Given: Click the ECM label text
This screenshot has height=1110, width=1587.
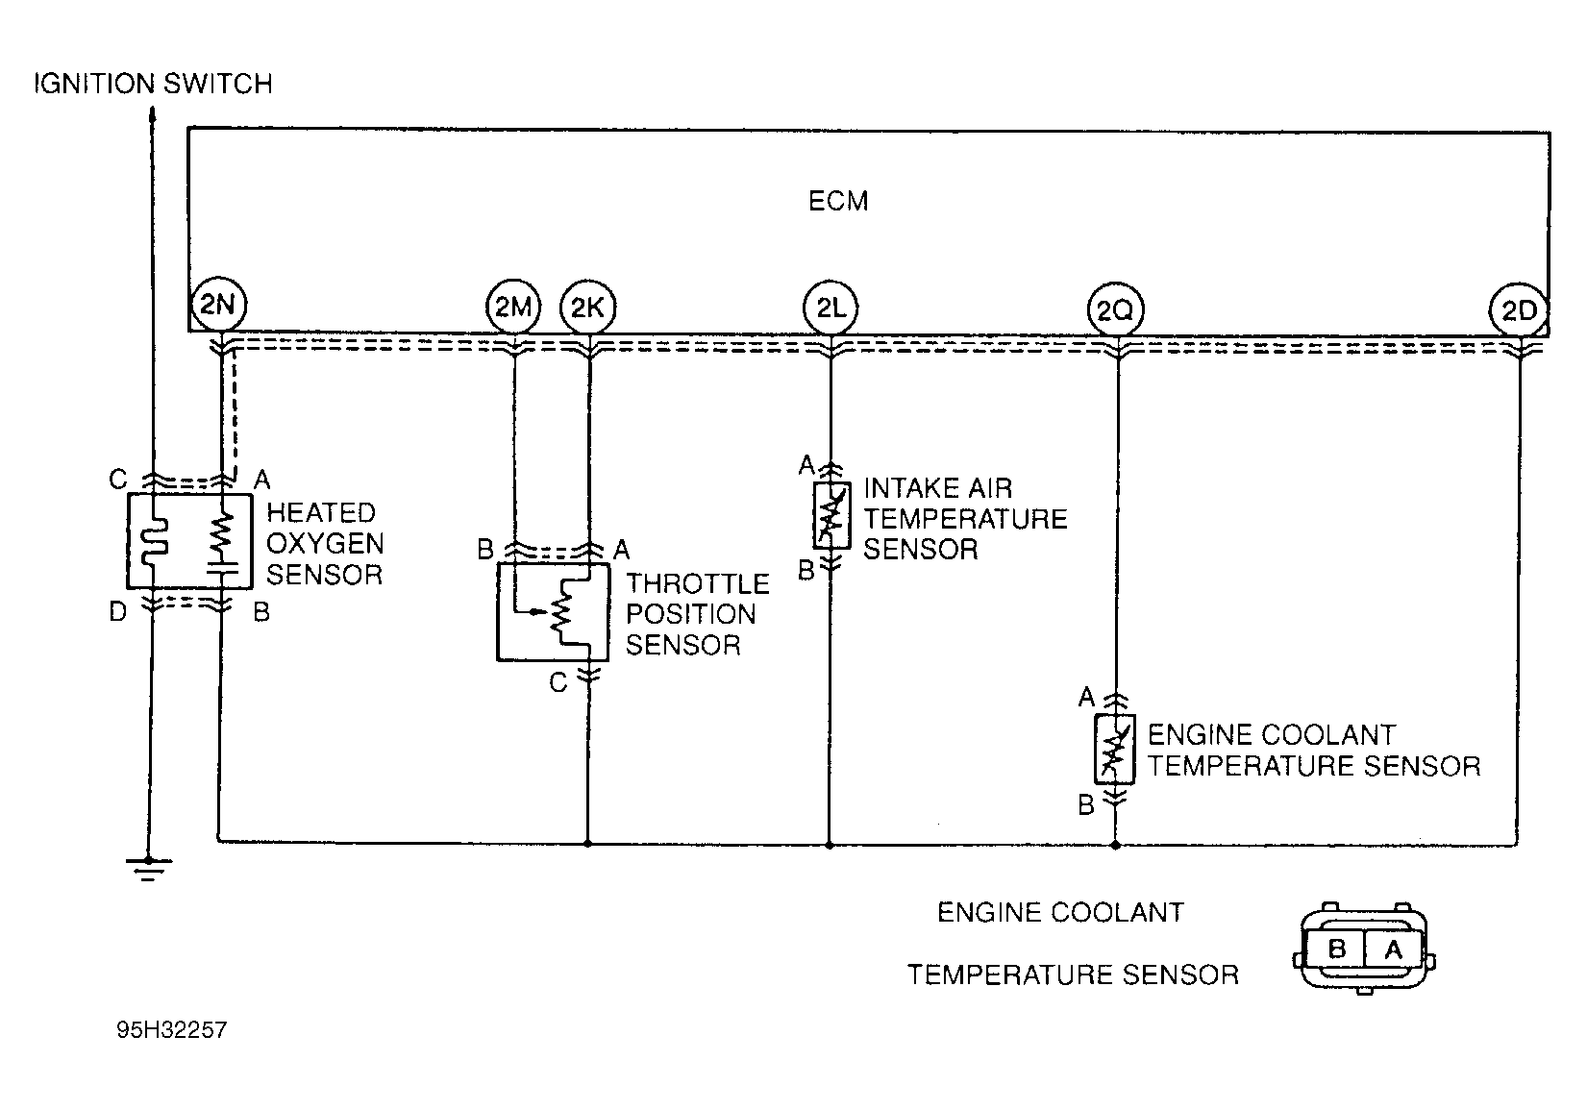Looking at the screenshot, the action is pos(838,201).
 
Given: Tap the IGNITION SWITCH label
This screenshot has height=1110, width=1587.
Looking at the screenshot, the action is pos(154,84).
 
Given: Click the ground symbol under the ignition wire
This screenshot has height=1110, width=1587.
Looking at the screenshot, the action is pos(148,869).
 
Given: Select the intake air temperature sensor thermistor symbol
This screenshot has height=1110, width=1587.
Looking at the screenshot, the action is pos(831,516).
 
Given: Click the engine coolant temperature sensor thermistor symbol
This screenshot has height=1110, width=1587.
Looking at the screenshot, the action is pos(1115,750).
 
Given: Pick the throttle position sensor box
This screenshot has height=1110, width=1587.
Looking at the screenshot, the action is pos(498,612).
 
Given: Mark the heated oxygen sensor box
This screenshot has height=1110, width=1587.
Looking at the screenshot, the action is pos(128,541).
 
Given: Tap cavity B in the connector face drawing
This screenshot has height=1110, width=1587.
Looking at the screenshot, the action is pos(1336,949).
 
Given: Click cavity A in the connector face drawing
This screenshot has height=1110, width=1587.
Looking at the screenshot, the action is pos(1393,950).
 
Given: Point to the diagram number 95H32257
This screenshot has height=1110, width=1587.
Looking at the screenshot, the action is pos(172,1029).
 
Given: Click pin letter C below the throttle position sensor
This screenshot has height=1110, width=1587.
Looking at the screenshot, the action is pos(558,682).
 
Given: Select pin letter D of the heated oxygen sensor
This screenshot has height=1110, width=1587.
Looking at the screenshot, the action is pos(117,610).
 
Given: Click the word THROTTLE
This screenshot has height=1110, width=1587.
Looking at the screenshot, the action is pos(698,583).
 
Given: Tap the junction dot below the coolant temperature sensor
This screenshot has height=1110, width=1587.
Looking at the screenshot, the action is pos(1115,845).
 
